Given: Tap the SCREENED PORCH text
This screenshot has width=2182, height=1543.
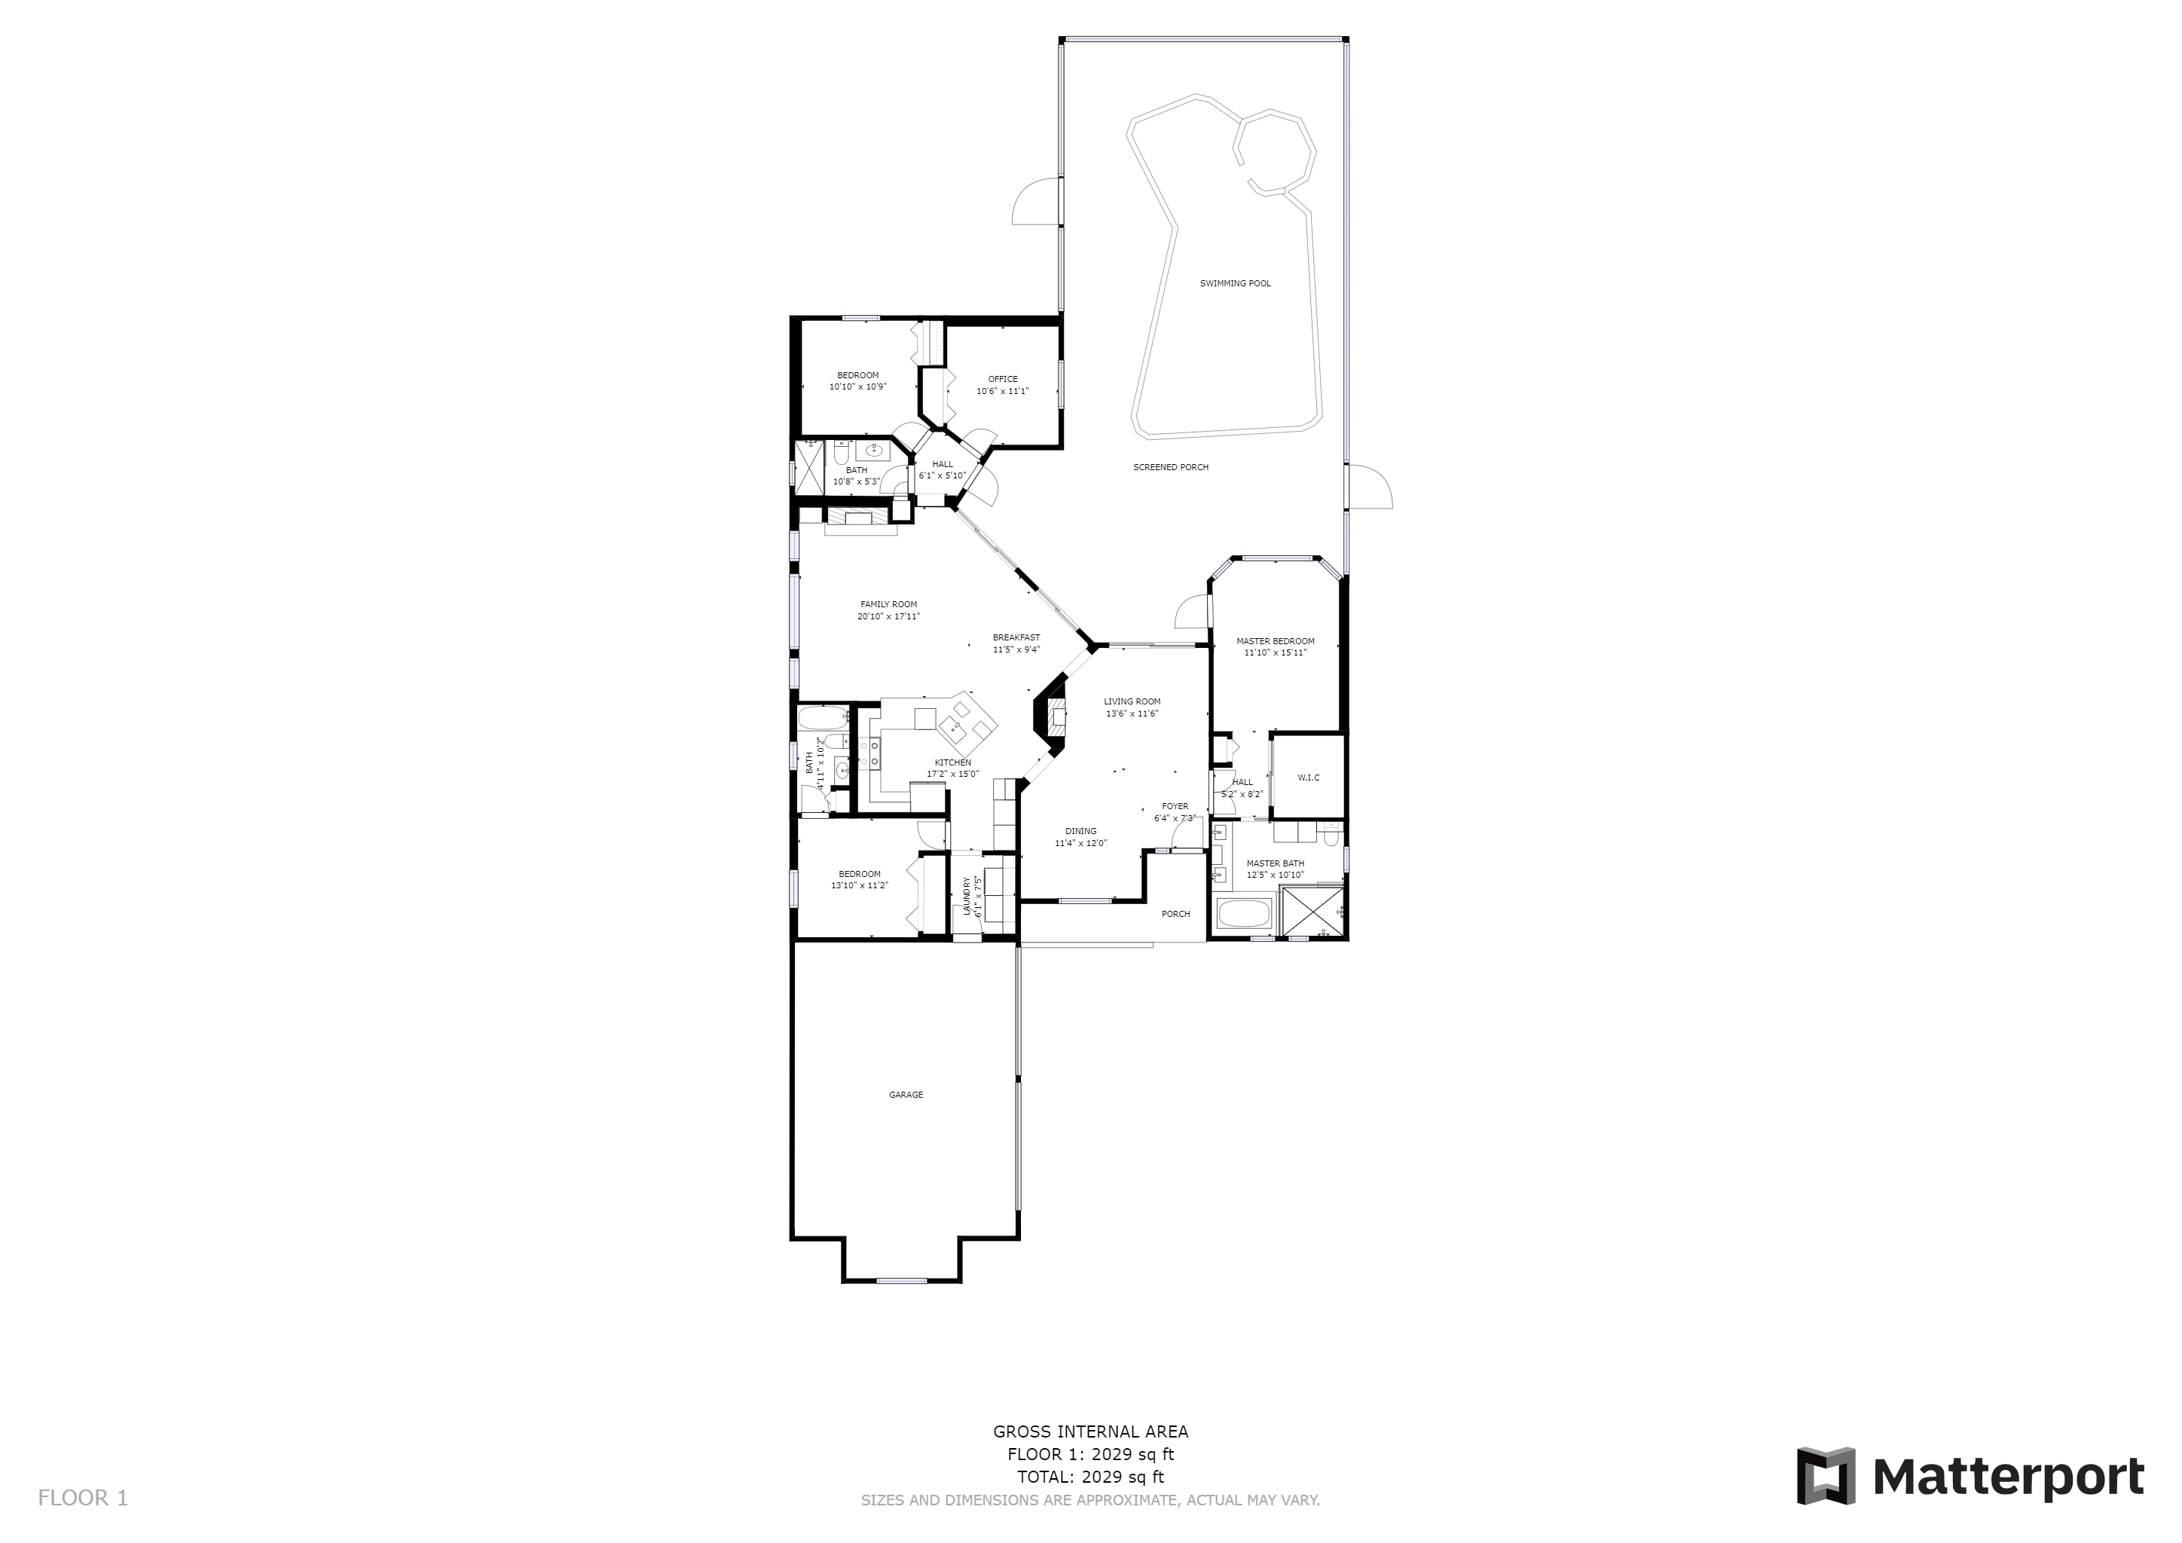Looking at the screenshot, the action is [x=1171, y=467].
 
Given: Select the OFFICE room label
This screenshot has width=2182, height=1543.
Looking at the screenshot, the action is [x=1003, y=379].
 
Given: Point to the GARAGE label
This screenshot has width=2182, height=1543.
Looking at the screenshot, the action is [x=906, y=1095].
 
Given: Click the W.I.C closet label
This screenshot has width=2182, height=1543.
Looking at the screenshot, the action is [x=1309, y=778].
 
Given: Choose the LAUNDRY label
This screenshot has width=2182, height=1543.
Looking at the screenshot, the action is [x=967, y=896].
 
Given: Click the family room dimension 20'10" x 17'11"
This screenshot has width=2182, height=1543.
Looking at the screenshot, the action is [x=888, y=616].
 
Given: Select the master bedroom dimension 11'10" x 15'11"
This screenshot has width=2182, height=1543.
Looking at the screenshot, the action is [x=1276, y=652].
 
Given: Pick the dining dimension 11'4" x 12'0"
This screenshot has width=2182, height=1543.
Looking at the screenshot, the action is [x=1080, y=843].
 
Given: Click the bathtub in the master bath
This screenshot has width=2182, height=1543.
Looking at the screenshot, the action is [x=1244, y=914].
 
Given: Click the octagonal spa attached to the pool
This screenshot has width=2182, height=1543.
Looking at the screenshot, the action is [x=1274, y=152].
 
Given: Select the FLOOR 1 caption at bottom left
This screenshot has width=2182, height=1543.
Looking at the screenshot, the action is [x=83, y=1499].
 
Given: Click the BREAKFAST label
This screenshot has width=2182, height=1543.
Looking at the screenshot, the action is [x=1016, y=637].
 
